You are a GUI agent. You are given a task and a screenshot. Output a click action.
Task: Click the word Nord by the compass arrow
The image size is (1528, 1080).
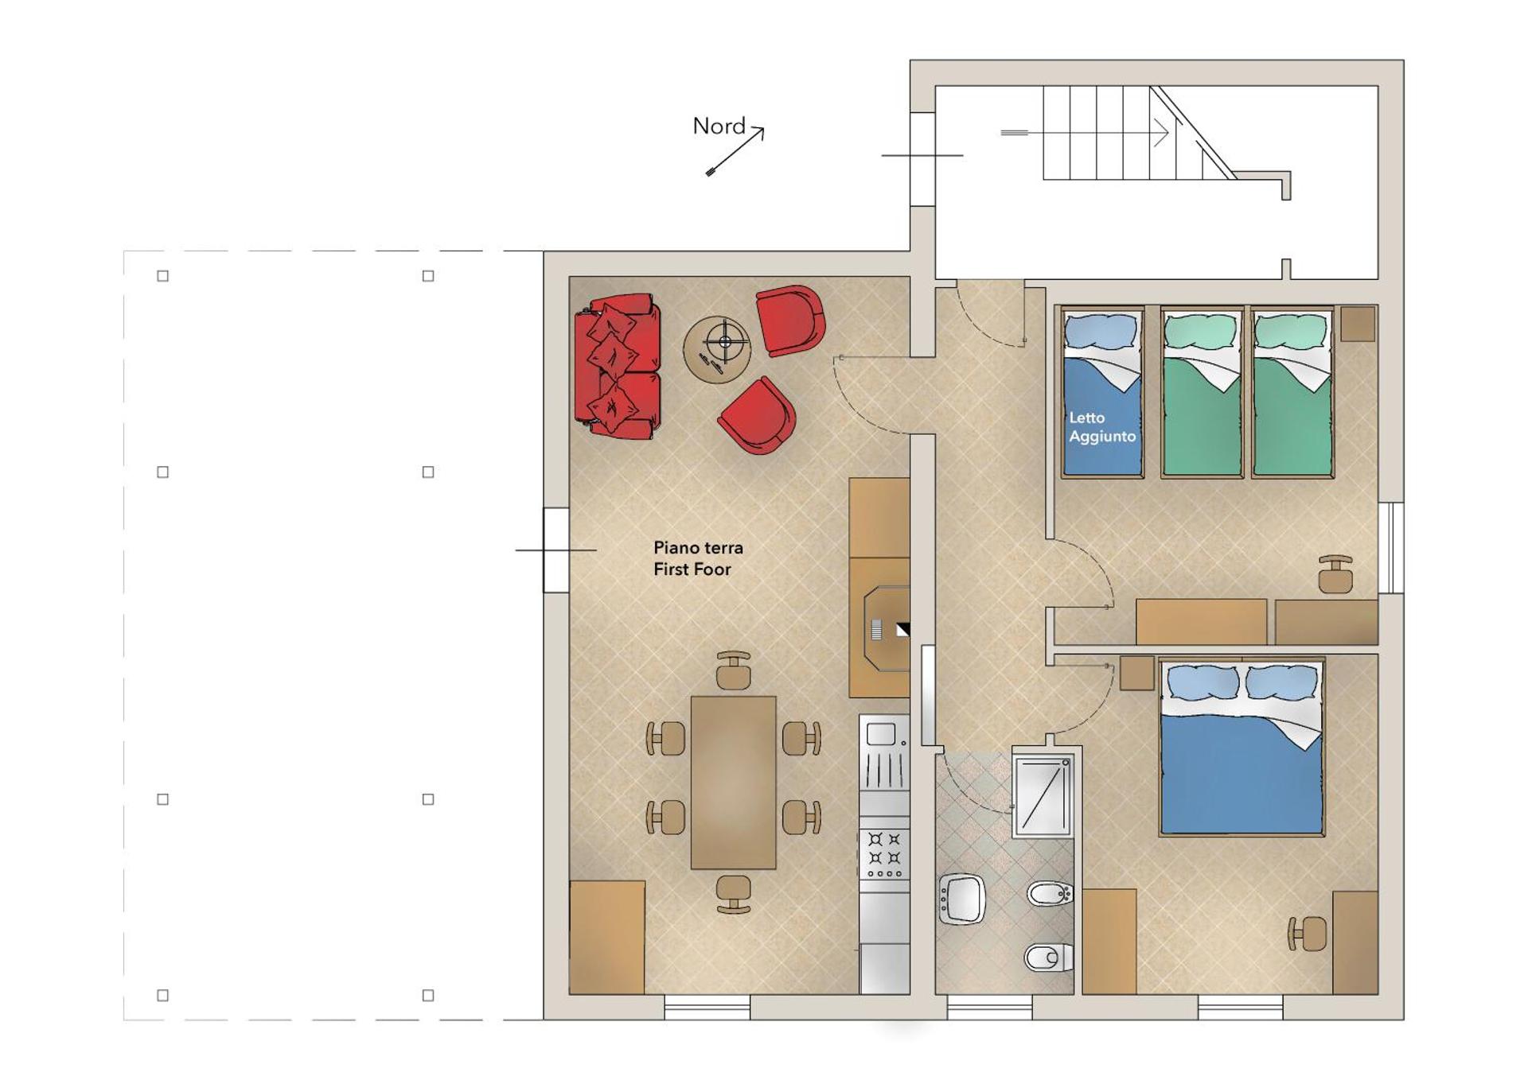coord(719,126)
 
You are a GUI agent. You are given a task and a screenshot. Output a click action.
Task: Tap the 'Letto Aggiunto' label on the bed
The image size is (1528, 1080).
coord(1102,427)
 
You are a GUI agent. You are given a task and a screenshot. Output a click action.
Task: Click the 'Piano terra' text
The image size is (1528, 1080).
coord(698,548)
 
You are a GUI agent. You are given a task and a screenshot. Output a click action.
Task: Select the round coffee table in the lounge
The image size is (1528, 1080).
coord(716,350)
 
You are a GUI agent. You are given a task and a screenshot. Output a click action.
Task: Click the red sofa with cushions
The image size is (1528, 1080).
coord(618,367)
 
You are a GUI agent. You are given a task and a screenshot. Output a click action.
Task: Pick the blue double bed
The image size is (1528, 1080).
coord(1241,747)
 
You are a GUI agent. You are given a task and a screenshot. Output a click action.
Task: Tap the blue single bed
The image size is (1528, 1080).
coord(1102,393)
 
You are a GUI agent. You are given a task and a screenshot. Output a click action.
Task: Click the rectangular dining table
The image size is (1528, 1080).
coord(733,783)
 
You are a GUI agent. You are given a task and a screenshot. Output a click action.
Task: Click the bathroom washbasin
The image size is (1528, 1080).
coord(962,899)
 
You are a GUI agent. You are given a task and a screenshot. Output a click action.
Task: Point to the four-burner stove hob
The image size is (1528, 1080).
coord(884,855)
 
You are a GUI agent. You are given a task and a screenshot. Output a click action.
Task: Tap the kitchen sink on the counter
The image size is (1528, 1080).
coord(884,752)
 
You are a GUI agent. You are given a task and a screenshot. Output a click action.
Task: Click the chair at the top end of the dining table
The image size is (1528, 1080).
coord(733,670)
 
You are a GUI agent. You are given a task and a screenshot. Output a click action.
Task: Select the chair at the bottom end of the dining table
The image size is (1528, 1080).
coord(733,895)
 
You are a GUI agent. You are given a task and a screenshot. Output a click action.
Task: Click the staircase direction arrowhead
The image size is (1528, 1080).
coord(1161,133)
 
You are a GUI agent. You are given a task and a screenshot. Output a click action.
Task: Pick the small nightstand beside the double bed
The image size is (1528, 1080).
coord(1137,673)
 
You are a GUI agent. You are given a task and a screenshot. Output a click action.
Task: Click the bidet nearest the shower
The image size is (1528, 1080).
coord(1050,895)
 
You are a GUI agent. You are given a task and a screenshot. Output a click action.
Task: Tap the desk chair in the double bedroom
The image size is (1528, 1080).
coord(1308,934)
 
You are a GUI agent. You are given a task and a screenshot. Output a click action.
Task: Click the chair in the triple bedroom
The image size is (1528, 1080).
coord(1335,574)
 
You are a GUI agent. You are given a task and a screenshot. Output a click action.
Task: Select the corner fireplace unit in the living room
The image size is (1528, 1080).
coord(879,627)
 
